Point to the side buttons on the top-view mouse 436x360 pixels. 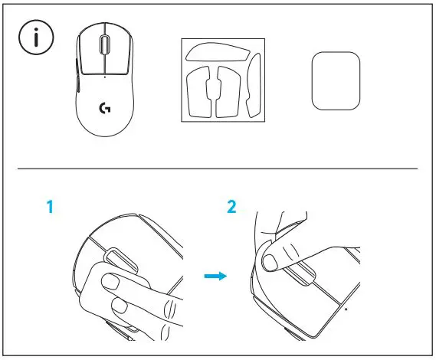point(78,75)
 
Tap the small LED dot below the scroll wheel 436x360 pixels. point(104,77)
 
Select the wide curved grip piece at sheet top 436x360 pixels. point(218,53)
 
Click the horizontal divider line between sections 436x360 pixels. point(218,169)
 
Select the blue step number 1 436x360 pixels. point(51,208)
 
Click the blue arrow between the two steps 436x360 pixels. point(218,275)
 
